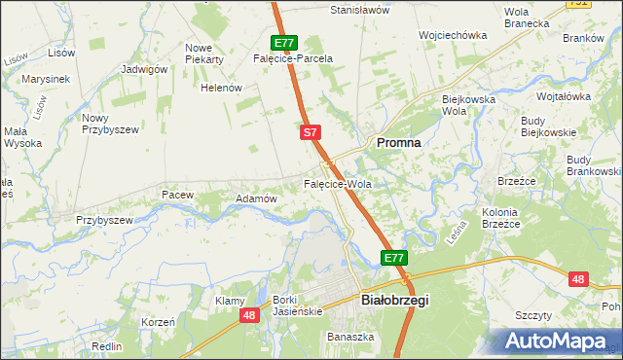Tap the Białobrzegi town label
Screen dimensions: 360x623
click(394, 302)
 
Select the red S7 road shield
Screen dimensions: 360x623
click(310, 131)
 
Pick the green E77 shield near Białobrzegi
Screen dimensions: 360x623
click(393, 258)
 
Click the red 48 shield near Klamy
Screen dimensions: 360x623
click(249, 315)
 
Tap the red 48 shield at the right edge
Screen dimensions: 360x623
click(579, 279)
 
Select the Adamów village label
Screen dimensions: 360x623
click(257, 198)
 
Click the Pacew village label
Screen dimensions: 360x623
click(177, 195)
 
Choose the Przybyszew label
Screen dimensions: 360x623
click(104, 220)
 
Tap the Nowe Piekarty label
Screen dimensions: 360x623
click(204, 54)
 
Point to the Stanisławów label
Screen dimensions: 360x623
click(360, 10)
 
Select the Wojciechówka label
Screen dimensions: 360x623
click(452, 35)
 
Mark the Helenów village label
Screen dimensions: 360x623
click(221, 88)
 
